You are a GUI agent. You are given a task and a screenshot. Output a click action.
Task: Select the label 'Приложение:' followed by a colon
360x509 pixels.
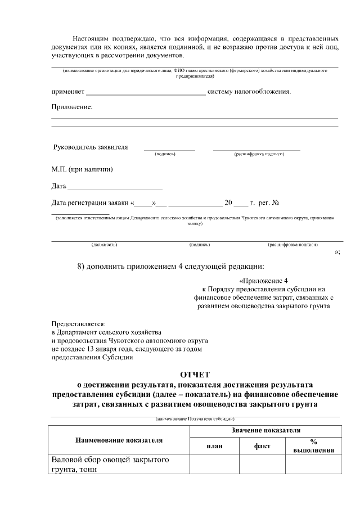point(72,107)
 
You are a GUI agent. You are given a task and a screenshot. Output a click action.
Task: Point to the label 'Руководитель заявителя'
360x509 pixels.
point(90,147)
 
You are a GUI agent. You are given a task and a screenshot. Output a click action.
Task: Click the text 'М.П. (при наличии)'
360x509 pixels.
point(82,169)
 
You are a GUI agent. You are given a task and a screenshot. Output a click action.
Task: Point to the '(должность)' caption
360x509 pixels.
point(104,245)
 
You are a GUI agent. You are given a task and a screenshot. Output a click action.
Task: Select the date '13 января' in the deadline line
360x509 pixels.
point(97,349)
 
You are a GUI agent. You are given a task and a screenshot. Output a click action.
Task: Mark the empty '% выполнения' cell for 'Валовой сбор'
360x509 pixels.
point(313,465)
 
